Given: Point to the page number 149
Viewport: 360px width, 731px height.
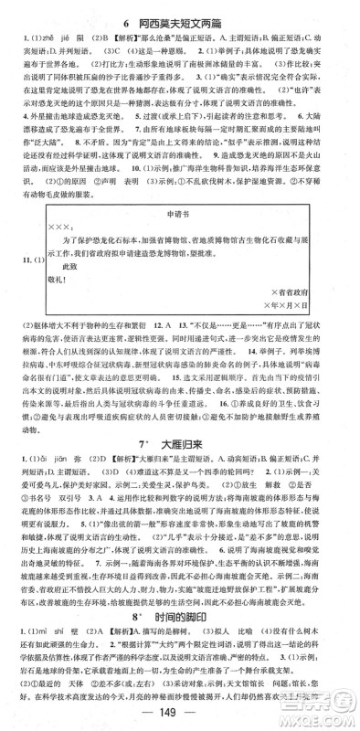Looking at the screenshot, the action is pyautogui.click(x=179, y=714).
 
